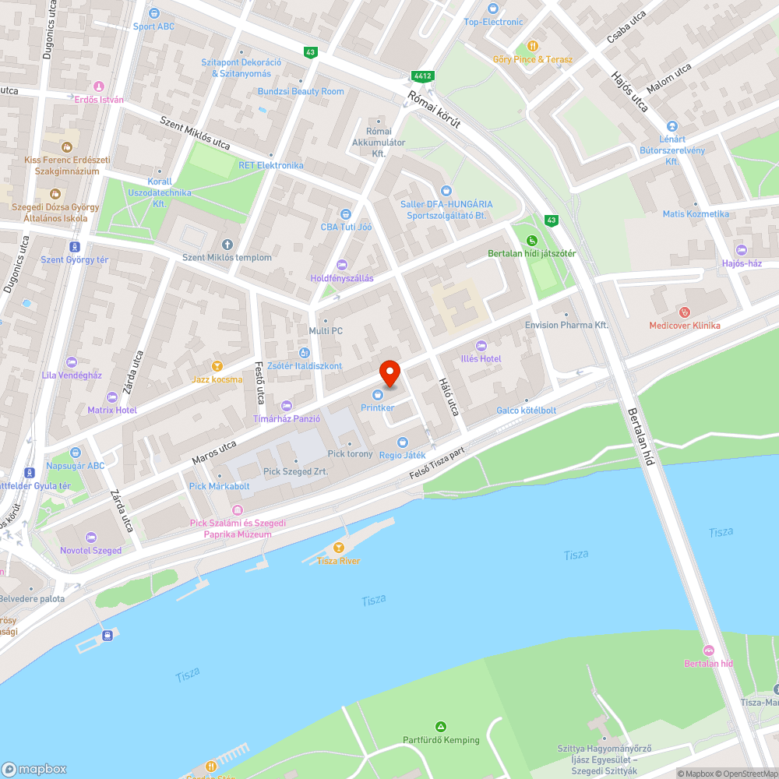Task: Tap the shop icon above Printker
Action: pyautogui.click(x=378, y=396)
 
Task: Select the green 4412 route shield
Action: pyautogui.click(x=423, y=76)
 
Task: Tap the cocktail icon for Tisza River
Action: pyautogui.click(x=338, y=548)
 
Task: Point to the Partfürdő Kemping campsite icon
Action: pyautogui.click(x=441, y=727)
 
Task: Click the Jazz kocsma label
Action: pyautogui.click(x=217, y=379)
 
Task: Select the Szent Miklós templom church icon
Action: pyautogui.click(x=227, y=245)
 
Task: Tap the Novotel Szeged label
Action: pyautogui.click(x=91, y=550)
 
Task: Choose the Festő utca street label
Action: pyautogui.click(x=259, y=382)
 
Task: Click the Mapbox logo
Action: pyautogui.click(x=35, y=768)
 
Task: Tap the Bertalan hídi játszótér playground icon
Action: pyautogui.click(x=532, y=241)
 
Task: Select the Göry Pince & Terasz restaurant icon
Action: pyautogui.click(x=533, y=46)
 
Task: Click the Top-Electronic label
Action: pyautogui.click(x=493, y=22)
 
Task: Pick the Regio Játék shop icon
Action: pyautogui.click(x=402, y=442)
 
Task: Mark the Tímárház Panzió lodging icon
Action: pyautogui.click(x=286, y=405)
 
